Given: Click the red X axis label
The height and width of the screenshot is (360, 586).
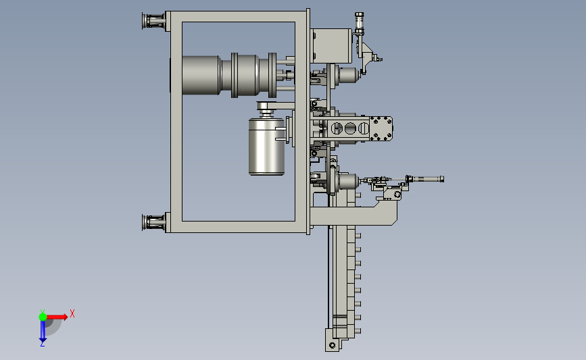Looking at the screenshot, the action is [72, 313].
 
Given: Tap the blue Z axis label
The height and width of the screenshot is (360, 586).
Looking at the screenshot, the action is [42, 344].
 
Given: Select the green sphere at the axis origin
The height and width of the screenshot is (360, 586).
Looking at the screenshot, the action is [43, 317].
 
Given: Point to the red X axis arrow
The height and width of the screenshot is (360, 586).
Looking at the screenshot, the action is [57, 317].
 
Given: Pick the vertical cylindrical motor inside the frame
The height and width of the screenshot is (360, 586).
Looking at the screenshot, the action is [266, 147].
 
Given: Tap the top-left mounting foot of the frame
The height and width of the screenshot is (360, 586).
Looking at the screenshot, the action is [153, 21].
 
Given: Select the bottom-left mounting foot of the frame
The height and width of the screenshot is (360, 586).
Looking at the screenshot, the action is [153, 223].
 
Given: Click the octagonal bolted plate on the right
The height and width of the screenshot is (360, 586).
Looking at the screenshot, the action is [381, 129].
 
